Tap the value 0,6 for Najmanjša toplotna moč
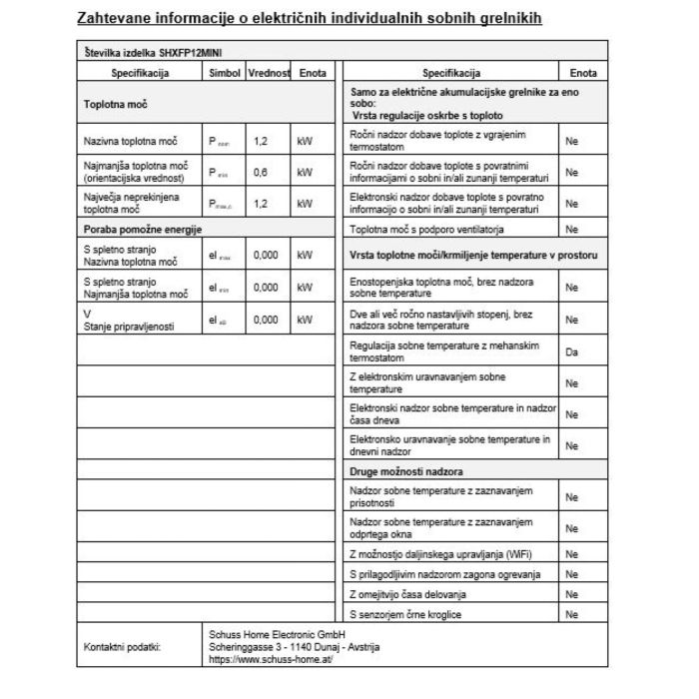coord(261,173)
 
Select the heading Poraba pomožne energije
coord(143,230)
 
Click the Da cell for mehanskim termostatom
coord(572,352)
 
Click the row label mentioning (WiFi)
coord(435,552)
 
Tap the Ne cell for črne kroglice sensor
coord(572,614)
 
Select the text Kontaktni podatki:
coord(122,646)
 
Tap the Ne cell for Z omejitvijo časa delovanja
coord(572,594)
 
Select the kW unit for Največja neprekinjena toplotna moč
coord(306,204)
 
